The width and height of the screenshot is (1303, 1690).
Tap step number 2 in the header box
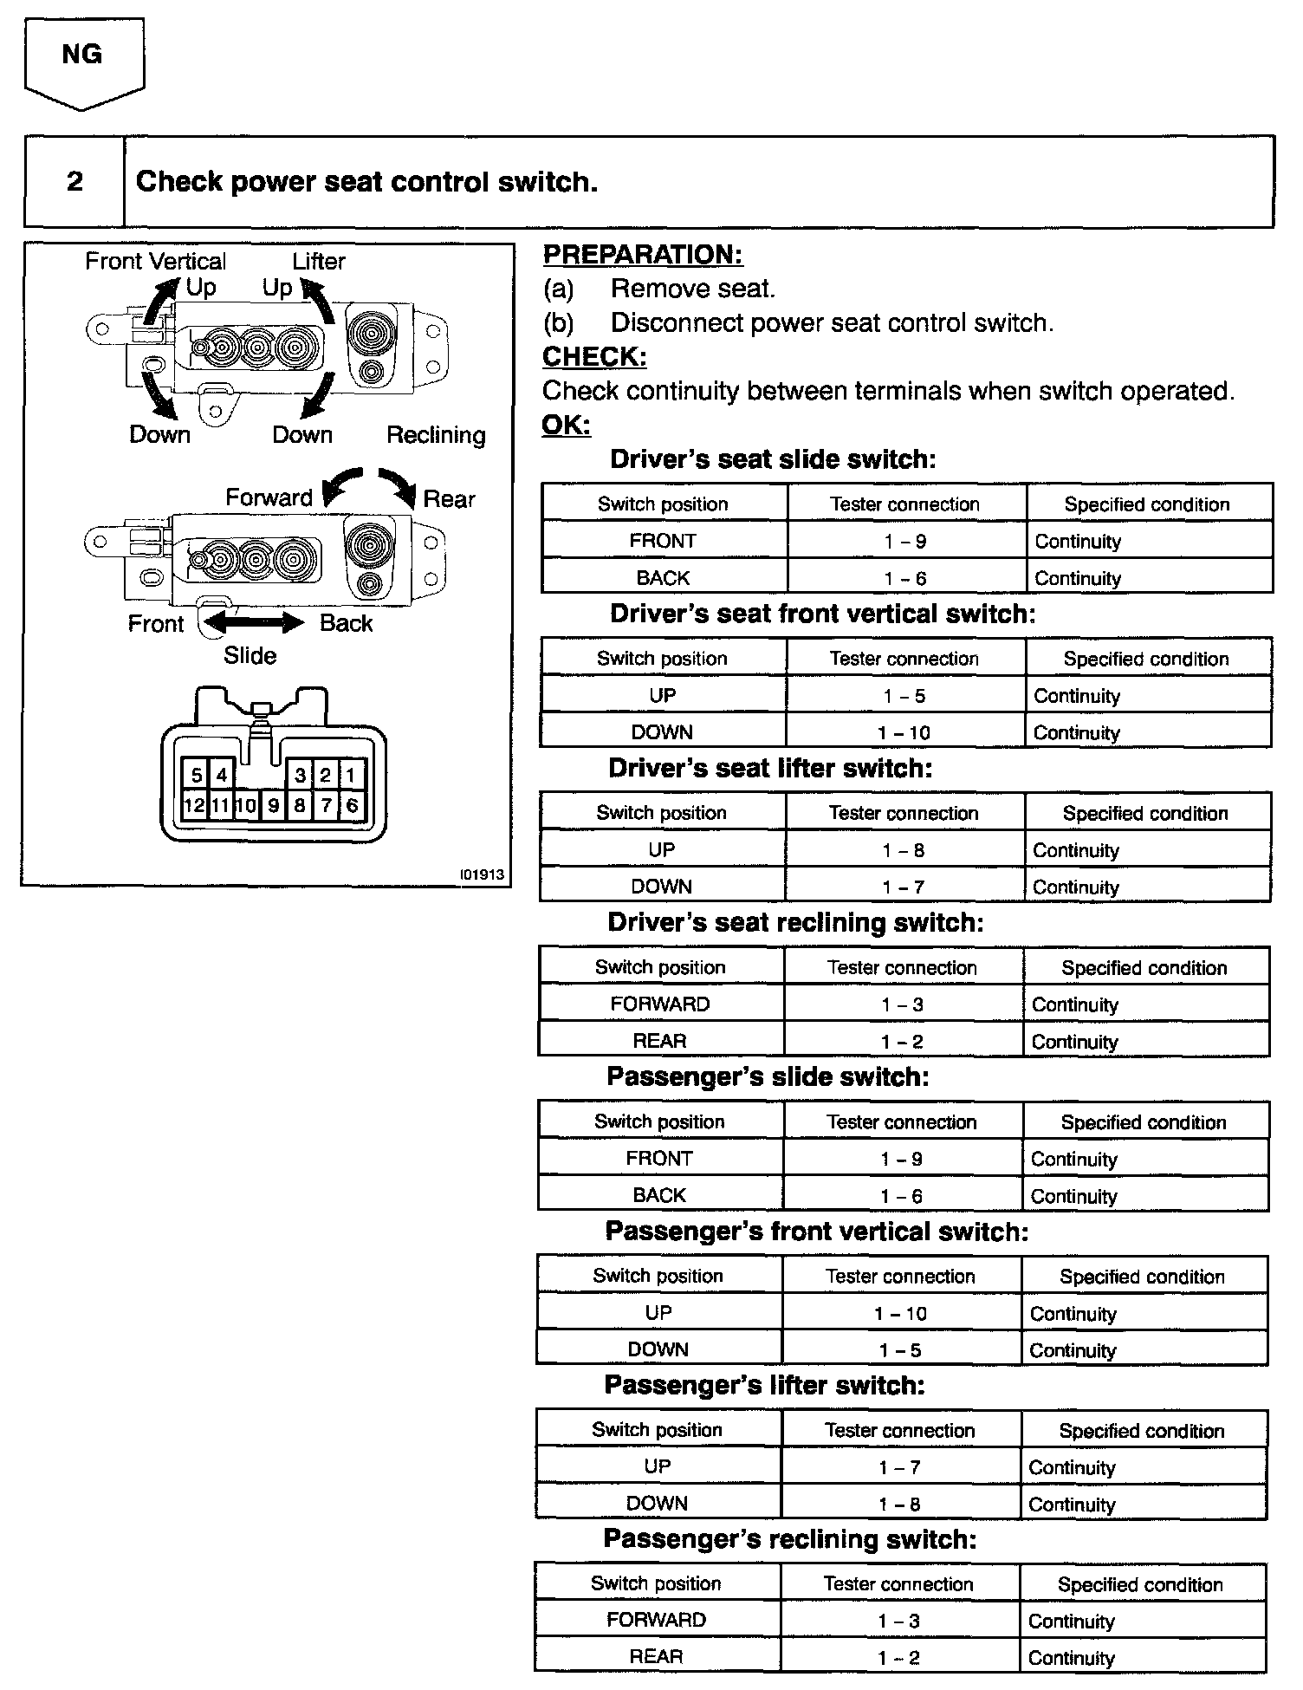75,181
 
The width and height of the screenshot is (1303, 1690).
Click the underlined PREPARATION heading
642,255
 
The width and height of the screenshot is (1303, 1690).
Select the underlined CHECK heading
593,357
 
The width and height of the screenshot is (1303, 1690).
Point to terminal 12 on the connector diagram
194,805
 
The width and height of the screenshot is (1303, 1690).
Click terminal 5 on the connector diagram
196,775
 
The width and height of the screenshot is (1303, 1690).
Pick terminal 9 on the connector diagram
273,805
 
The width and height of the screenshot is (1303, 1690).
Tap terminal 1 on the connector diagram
351,775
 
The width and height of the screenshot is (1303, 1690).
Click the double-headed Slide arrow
253,622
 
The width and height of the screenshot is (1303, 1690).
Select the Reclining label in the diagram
436,435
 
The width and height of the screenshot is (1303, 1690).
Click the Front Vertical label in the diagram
155,262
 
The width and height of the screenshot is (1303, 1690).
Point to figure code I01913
483,874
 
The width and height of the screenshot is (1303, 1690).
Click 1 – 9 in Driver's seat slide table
905,542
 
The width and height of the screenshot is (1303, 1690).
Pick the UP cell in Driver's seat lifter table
661,850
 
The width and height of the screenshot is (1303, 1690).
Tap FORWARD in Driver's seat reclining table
659,1004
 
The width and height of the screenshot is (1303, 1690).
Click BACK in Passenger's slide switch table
658,1196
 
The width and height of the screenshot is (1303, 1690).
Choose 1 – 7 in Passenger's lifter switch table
899,1467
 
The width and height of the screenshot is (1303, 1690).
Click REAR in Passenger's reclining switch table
656,1657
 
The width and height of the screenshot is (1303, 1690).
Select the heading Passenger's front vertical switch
816,1232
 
